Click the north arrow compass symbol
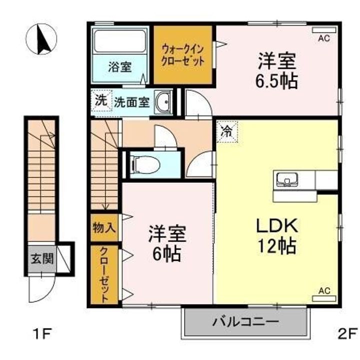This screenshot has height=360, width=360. pos(41,39)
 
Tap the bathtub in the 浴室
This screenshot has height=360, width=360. pos(120,41)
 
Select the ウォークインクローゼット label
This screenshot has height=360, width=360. pos(183,55)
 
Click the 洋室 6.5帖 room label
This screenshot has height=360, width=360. pos(277,70)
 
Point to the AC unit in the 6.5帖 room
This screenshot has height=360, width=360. pos(324,30)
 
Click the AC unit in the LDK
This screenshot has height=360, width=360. pos(324,298)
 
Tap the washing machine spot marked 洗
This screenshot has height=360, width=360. pos(101,101)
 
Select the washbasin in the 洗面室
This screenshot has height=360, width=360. pos(163,101)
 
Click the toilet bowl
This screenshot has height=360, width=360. pos(144,164)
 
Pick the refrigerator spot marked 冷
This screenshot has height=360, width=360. pos(227,132)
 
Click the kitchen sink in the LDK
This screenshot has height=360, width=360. pos(287,179)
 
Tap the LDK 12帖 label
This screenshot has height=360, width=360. pos(277,236)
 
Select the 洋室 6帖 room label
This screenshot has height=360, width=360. pos(167,244)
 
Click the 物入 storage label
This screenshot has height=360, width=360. pos(104,228)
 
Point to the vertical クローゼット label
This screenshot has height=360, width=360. pos(104,275)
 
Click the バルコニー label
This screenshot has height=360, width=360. pos(245,322)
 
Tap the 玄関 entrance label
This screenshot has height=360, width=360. pos(42,258)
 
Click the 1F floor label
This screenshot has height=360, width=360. pos(42,334)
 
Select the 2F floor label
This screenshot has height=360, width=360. pos(347,334)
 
